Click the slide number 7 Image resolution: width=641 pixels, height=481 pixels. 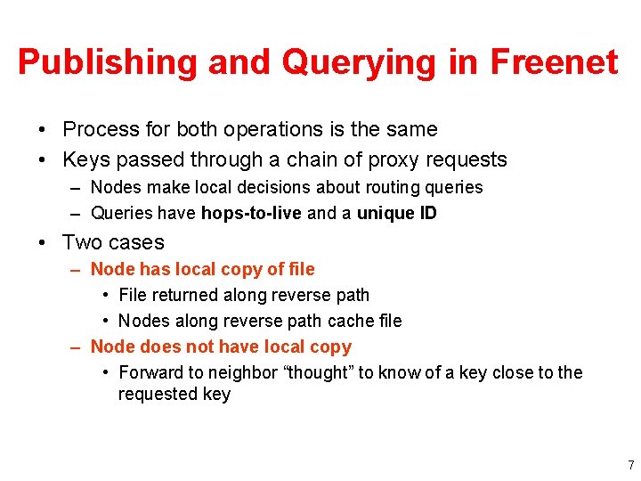tap(630, 465)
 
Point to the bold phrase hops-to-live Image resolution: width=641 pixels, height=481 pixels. tap(251, 213)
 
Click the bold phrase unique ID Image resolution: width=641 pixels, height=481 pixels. tap(397, 213)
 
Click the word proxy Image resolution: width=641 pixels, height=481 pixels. tap(386, 160)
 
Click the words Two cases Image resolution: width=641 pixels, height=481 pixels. tap(113, 242)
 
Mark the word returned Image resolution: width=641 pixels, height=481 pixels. tap(186, 295)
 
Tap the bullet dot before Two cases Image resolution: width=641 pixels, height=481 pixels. tap(44, 242)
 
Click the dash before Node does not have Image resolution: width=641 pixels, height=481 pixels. tap(77, 346)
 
